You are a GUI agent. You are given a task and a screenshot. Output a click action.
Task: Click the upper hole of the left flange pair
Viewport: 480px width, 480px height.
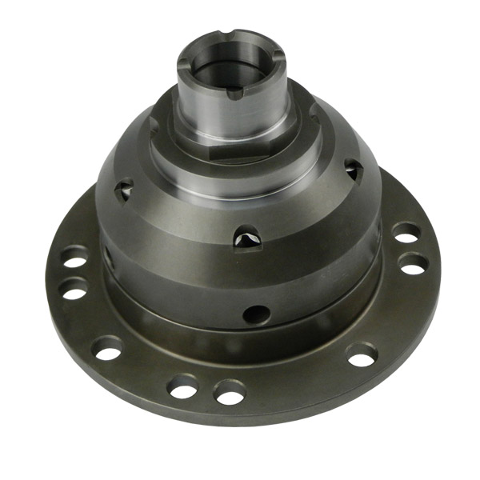click(x=74, y=262)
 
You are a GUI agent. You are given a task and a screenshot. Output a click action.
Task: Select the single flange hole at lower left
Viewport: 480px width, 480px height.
click(x=108, y=349)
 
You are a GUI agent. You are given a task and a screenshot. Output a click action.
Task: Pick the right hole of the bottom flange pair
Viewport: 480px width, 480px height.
click(x=230, y=392)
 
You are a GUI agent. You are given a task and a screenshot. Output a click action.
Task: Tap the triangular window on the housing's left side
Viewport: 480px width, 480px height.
click(x=121, y=192)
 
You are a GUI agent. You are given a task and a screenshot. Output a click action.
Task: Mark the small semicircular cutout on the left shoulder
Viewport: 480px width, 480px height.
click(x=153, y=122)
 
